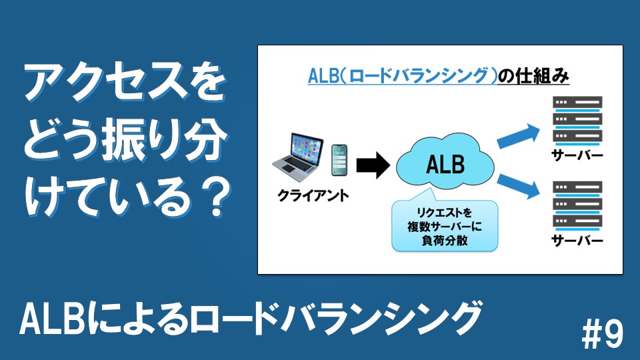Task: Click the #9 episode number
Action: (x=603, y=334)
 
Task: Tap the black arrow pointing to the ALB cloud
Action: (x=373, y=165)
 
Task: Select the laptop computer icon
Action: (x=298, y=157)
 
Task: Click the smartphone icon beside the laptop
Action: (x=339, y=160)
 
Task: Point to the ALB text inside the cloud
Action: (x=445, y=165)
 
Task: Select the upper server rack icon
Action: (x=577, y=121)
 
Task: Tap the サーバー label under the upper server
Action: (x=577, y=155)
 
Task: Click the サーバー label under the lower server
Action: (x=577, y=240)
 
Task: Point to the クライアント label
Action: (x=313, y=195)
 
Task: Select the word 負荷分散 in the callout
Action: (x=445, y=240)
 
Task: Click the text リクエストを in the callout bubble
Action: (x=444, y=212)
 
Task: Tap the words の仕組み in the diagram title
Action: (x=533, y=76)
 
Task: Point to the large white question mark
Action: (x=216, y=199)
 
